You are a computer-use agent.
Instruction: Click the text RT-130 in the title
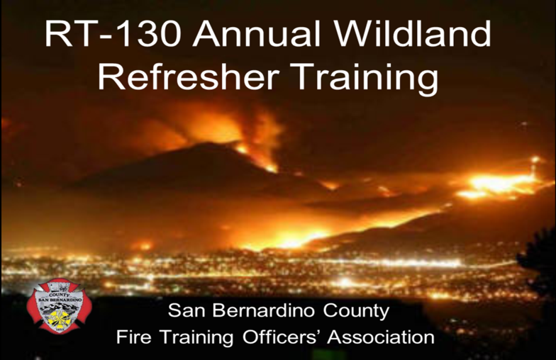point(113,34)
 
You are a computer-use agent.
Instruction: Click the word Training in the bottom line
point(196,337)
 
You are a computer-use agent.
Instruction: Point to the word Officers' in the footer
point(281,337)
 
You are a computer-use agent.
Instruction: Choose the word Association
point(381,337)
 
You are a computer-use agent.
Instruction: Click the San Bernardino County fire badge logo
point(59,306)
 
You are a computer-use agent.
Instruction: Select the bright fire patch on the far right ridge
point(496,185)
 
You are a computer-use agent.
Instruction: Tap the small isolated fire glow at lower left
point(145,245)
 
